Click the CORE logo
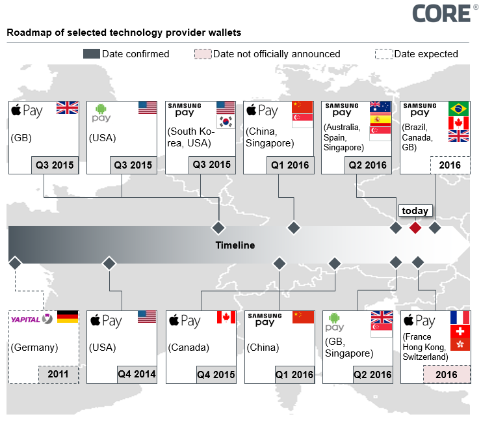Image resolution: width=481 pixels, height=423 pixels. (442, 13)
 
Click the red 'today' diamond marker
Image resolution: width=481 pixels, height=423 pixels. (415, 228)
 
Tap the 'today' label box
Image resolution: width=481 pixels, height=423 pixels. (415, 211)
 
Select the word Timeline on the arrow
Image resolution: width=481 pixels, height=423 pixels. (235, 245)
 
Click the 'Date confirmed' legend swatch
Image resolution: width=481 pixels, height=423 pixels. (92, 54)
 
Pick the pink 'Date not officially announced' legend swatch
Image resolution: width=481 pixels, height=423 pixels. (203, 54)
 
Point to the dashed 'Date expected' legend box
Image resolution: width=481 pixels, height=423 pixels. (384, 54)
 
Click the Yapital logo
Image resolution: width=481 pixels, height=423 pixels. (31, 319)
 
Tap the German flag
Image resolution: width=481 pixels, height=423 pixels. (68, 317)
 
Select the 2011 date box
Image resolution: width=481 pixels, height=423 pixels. (58, 375)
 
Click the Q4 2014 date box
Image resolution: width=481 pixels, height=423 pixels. (136, 374)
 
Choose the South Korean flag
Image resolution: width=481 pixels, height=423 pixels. (225, 122)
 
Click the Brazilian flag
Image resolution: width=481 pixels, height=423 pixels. (458, 108)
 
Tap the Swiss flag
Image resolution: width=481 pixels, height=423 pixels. (459, 332)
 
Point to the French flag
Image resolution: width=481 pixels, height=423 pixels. (459, 318)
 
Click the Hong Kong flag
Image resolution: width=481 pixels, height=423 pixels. (459, 346)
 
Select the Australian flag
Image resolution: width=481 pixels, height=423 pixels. (380, 106)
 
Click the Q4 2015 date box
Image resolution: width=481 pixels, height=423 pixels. (216, 374)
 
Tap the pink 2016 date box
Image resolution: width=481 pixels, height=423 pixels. (446, 375)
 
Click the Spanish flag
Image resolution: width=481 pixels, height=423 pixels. (380, 120)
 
